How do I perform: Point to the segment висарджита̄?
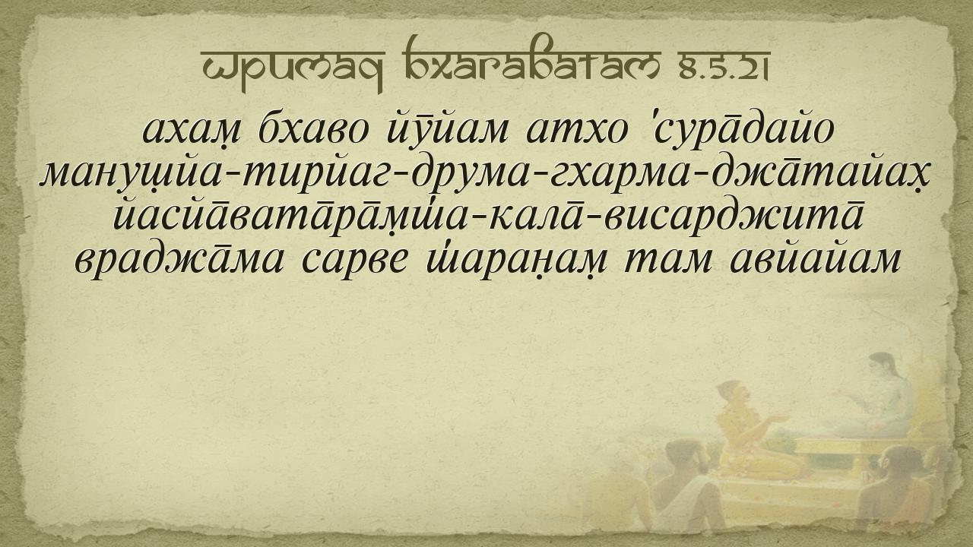(734, 218)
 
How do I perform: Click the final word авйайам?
(814, 261)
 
